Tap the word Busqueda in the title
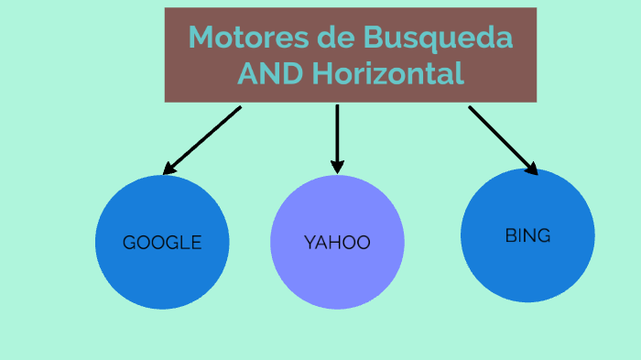click(x=438, y=38)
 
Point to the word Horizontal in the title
click(x=388, y=73)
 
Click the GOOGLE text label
click(x=162, y=243)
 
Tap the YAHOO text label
click(x=337, y=243)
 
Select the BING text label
click(x=527, y=235)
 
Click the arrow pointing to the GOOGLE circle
click(x=203, y=138)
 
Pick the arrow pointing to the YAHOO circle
click(x=337, y=136)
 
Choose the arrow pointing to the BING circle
click(x=503, y=138)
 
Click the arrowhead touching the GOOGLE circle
click(x=168, y=169)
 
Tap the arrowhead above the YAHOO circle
click(x=337, y=166)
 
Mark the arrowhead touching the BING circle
click(x=531, y=167)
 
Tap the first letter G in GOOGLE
click(x=129, y=243)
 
